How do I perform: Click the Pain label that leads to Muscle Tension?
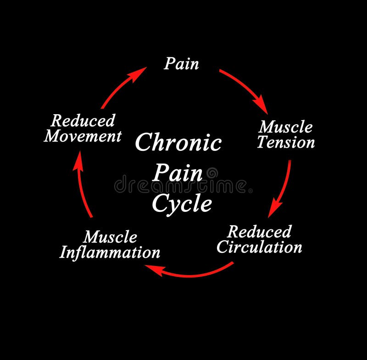[182, 64]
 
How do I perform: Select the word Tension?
[286, 142]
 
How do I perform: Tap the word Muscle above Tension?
[286, 127]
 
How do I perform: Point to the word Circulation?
[259, 247]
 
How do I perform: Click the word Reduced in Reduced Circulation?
[259, 232]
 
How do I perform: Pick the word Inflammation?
[110, 252]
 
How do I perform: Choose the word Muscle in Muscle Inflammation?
[110, 237]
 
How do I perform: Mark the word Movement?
[83, 136]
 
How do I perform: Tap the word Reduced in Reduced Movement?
[83, 121]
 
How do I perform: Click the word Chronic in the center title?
[178, 143]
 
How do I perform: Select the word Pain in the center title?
[178, 173]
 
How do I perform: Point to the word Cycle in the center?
[182, 203]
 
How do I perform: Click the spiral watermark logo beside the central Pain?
[212, 173]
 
